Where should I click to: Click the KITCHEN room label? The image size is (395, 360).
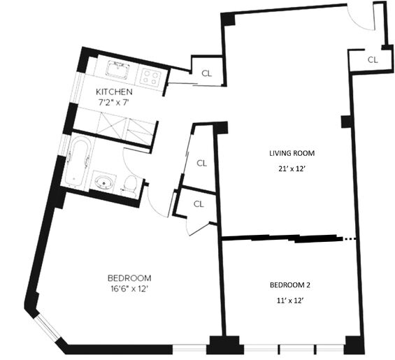pos(114,92)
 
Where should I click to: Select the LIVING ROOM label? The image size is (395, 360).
pos(292,153)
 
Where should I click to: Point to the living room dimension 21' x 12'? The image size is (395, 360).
pos(292,168)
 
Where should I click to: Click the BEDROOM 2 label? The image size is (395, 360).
pos(290,285)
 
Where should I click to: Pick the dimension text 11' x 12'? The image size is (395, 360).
pos(289,301)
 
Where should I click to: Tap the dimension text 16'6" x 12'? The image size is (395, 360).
pos(129,289)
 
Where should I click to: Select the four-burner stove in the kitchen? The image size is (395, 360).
pos(150,76)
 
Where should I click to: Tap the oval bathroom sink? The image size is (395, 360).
pos(103,181)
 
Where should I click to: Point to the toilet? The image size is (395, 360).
pos(130,185)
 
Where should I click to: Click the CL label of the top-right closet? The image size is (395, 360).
pos(373,60)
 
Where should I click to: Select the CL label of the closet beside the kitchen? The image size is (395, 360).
pos(206,73)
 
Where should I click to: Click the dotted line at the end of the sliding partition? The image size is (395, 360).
pos(350,238)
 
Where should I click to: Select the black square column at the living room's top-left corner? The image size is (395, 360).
pos(228,20)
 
